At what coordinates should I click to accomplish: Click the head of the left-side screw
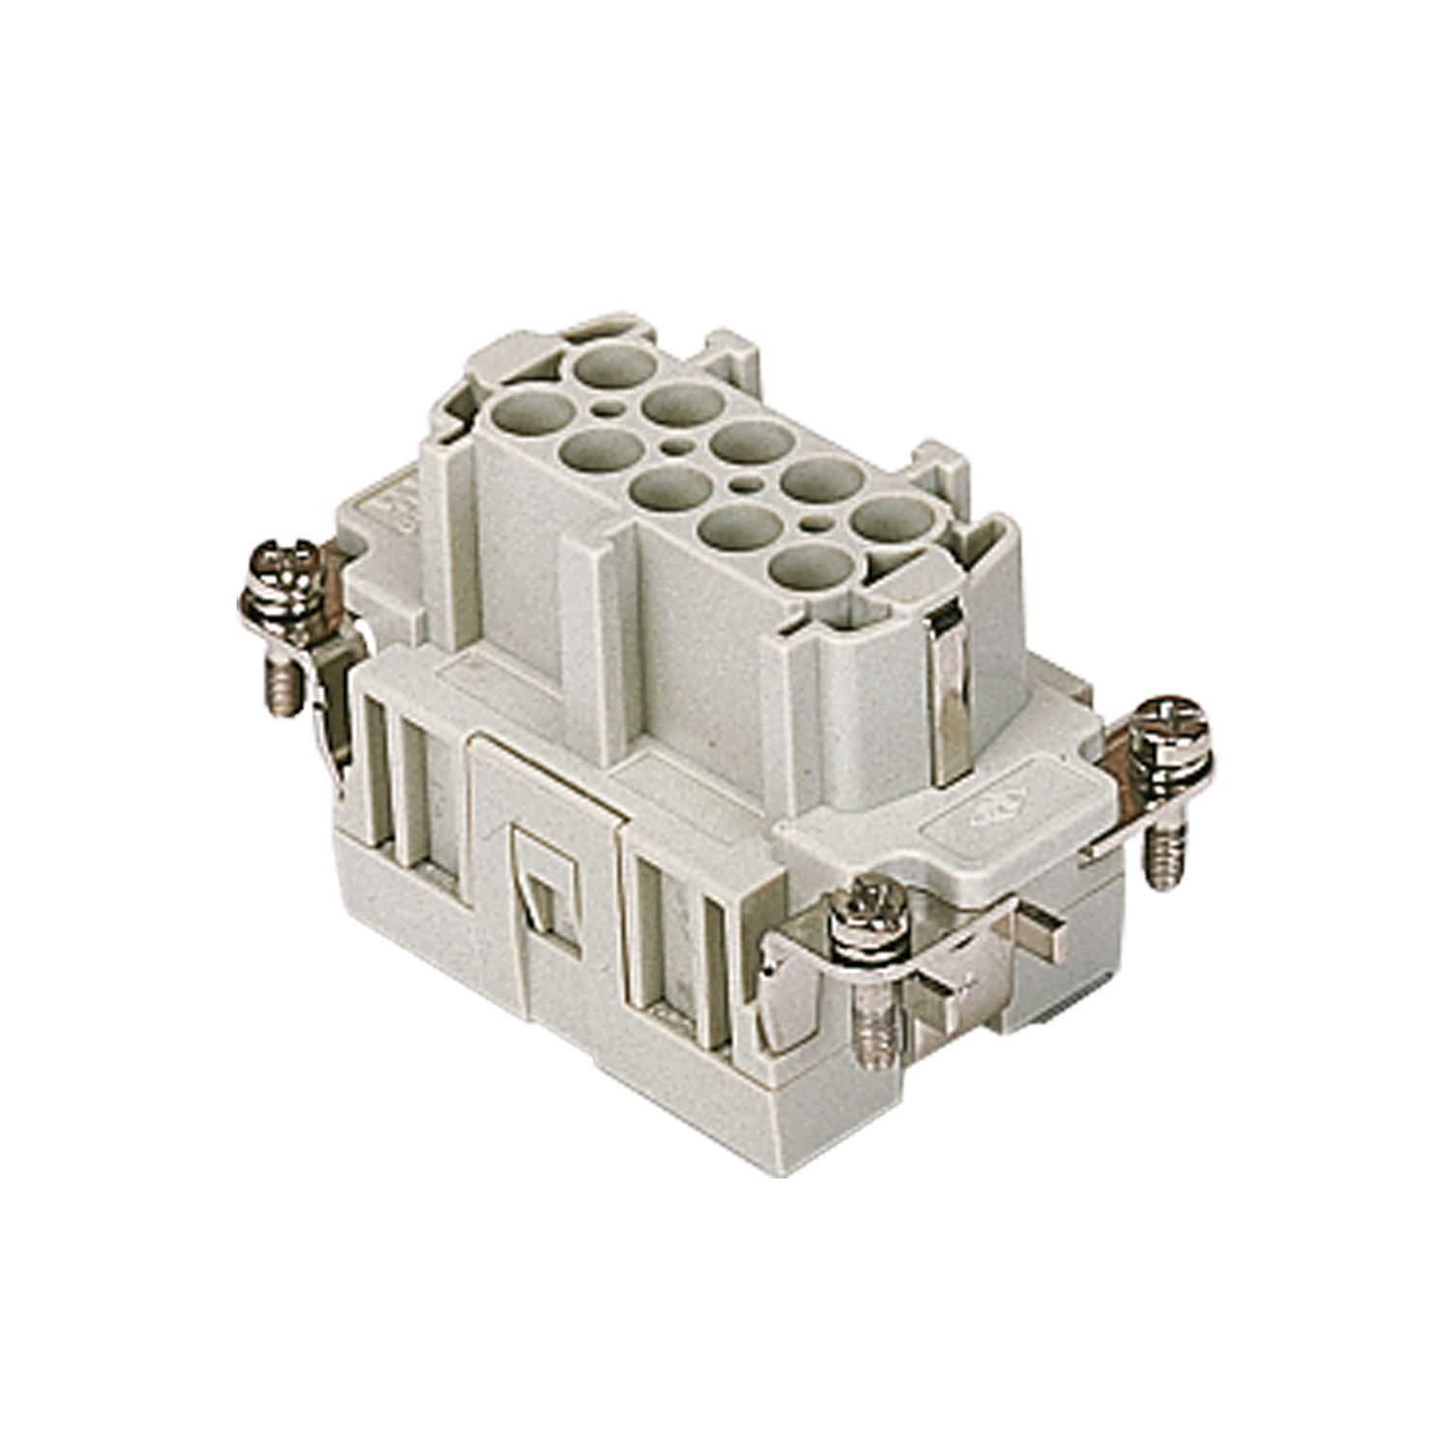click(282, 563)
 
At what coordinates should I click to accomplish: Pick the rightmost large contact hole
click(894, 523)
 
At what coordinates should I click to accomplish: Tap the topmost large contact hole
click(614, 367)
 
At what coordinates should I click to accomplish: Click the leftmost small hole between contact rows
click(607, 410)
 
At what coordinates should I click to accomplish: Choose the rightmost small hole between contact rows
click(816, 524)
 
